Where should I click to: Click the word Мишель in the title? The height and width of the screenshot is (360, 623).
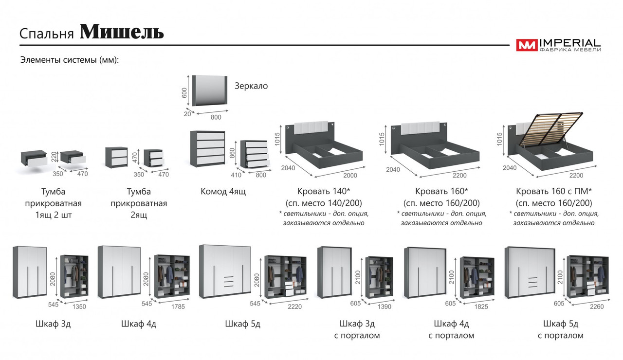coord(122,32)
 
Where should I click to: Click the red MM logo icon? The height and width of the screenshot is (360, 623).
coord(527,45)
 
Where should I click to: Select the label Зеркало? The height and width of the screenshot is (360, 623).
coord(251,86)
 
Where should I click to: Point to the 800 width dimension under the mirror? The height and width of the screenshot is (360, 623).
coord(216,117)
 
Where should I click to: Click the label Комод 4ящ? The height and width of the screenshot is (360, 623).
coord(223,192)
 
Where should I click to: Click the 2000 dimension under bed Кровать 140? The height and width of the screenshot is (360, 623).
coord(349,176)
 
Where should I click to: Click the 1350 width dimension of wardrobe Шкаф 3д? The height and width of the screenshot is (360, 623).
coord(79,307)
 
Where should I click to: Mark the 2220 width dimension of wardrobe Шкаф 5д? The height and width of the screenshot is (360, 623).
coord(295,307)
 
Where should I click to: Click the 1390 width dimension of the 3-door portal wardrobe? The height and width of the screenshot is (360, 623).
coord(384,307)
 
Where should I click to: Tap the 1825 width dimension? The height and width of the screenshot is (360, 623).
coord(480,307)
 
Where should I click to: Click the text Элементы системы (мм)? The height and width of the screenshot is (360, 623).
coord(70,60)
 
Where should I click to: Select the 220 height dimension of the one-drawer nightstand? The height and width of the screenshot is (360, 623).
coord(54,157)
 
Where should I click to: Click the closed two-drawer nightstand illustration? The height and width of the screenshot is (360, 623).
coord(117,157)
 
